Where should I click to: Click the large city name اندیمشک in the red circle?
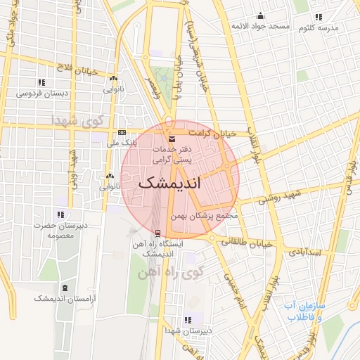(170, 184)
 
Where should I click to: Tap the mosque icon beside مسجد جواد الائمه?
(262, 16)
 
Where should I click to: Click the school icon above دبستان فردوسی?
(41, 82)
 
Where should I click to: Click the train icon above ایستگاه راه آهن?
(157, 233)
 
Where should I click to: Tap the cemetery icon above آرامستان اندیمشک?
(65, 288)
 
